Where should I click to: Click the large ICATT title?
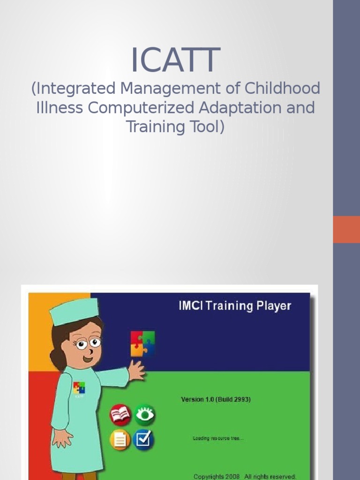coord(175,60)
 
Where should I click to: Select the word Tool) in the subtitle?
coord(203,127)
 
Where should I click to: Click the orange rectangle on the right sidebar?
coord(346,229)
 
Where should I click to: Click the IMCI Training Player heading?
coord(235,306)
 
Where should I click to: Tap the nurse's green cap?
coord(74,312)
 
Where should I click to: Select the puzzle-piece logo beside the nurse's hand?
coord(142,344)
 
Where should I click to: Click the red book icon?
coord(120,415)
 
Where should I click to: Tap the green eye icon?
coord(144,415)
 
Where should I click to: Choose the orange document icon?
coord(120,440)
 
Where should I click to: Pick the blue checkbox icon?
coord(143,440)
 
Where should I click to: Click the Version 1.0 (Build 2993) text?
coord(216,400)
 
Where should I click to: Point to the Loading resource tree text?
coord(218,439)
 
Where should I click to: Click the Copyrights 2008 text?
coord(216,476)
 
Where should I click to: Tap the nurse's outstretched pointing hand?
coord(136,371)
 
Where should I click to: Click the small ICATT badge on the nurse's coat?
coord(78,389)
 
